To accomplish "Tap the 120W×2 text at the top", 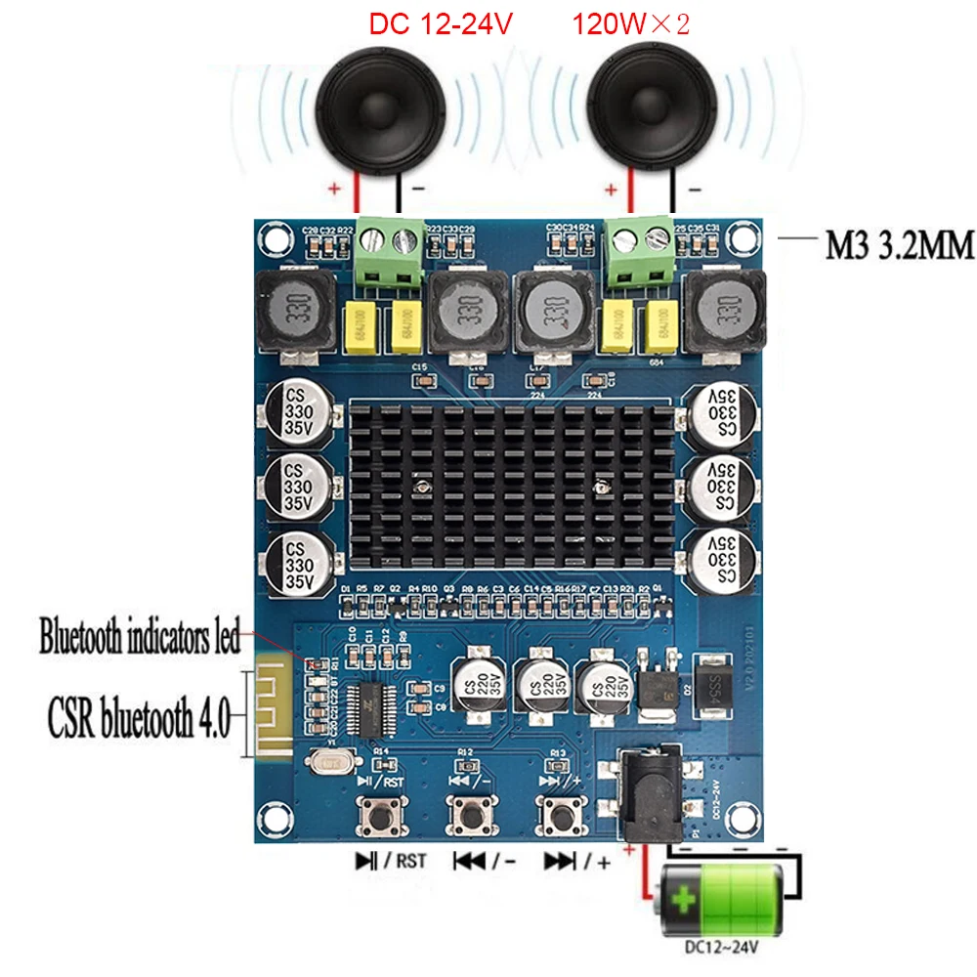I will (x=631, y=22).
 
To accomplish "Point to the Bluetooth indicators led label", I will (x=139, y=640).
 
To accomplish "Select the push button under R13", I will (x=561, y=813).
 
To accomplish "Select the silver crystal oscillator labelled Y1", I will (x=326, y=760).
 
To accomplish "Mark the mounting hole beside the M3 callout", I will (x=756, y=239).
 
